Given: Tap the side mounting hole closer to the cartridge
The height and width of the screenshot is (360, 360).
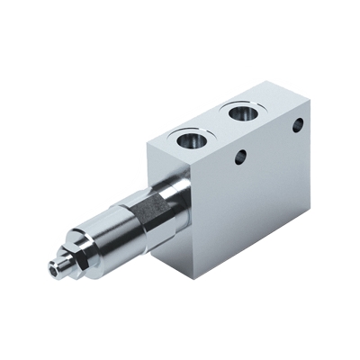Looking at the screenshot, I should (x=238, y=158).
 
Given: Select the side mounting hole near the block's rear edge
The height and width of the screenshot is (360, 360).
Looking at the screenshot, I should (x=297, y=127).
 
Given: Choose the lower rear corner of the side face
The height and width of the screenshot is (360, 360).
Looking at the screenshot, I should (x=310, y=209).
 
